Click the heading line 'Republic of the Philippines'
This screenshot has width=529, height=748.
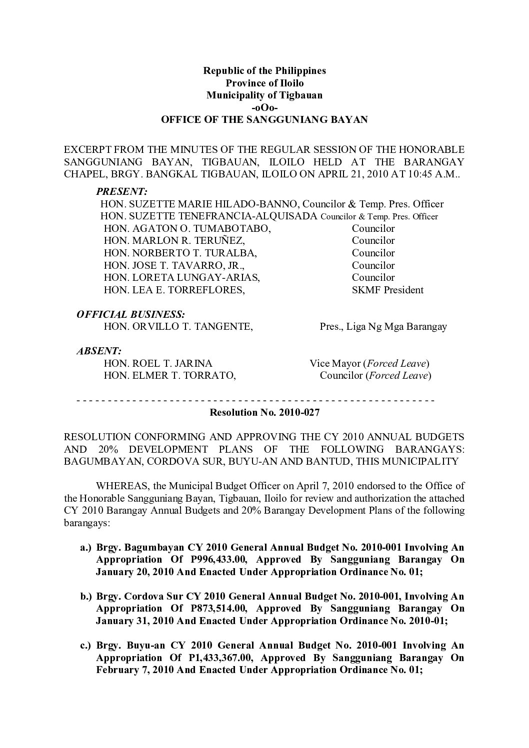264,70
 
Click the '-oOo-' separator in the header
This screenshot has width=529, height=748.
264,107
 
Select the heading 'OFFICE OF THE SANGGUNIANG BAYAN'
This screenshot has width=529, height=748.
264,120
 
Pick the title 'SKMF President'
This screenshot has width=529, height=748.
387,290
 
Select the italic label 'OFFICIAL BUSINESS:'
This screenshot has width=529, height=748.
130,314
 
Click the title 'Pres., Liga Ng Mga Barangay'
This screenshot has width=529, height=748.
383,327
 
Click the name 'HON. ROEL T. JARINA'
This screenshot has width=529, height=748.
158,363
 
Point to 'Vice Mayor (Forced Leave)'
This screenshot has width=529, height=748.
369,363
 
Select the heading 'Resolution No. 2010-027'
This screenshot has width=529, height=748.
264,413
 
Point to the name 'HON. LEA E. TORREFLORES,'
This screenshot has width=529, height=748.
174,290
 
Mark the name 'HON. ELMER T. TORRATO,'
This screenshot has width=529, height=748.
170,375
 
